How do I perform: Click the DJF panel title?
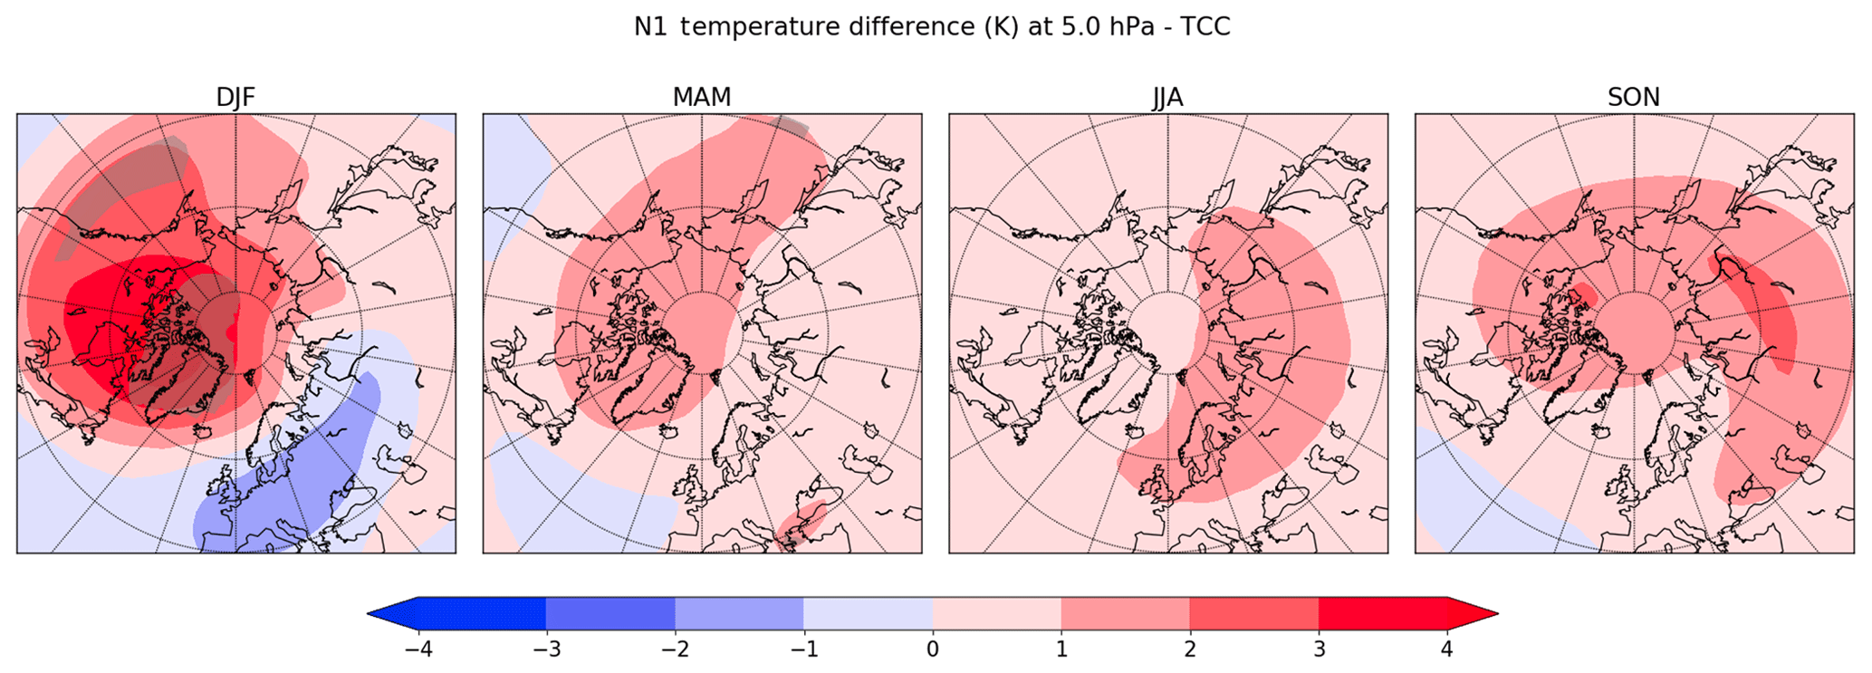(235, 98)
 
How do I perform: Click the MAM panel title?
(702, 98)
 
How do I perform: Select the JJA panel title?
(1167, 98)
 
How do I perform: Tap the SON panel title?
(1634, 98)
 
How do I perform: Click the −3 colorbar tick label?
(545, 649)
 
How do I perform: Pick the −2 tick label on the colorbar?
(675, 649)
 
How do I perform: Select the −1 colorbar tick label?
(803, 649)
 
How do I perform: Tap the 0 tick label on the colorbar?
(933, 649)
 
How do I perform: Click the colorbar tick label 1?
(1061, 649)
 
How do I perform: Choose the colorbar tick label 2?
(1190, 649)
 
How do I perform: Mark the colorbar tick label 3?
(1319, 649)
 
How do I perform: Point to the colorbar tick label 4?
(1447, 649)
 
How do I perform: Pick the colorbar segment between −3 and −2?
(610, 613)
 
